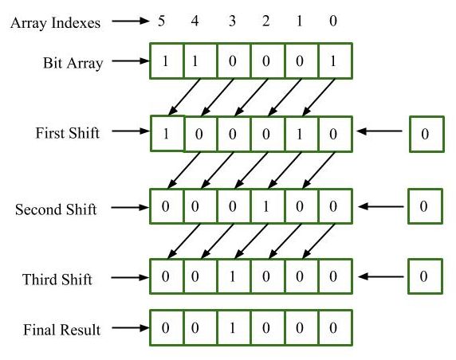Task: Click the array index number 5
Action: pyautogui.click(x=162, y=22)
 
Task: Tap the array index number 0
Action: pyautogui.click(x=332, y=22)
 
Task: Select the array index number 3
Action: pyautogui.click(x=232, y=22)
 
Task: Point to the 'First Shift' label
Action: pyautogui.click(x=69, y=133)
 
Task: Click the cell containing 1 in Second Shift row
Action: pyautogui.click(x=266, y=205)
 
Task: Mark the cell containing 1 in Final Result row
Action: pyautogui.click(x=233, y=327)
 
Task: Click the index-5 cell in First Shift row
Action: pyautogui.click(x=167, y=132)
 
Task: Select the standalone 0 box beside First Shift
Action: pyautogui.click(x=425, y=134)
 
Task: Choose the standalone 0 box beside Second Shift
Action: pyautogui.click(x=425, y=205)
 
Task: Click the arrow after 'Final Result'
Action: pyautogui.click(x=128, y=327)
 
